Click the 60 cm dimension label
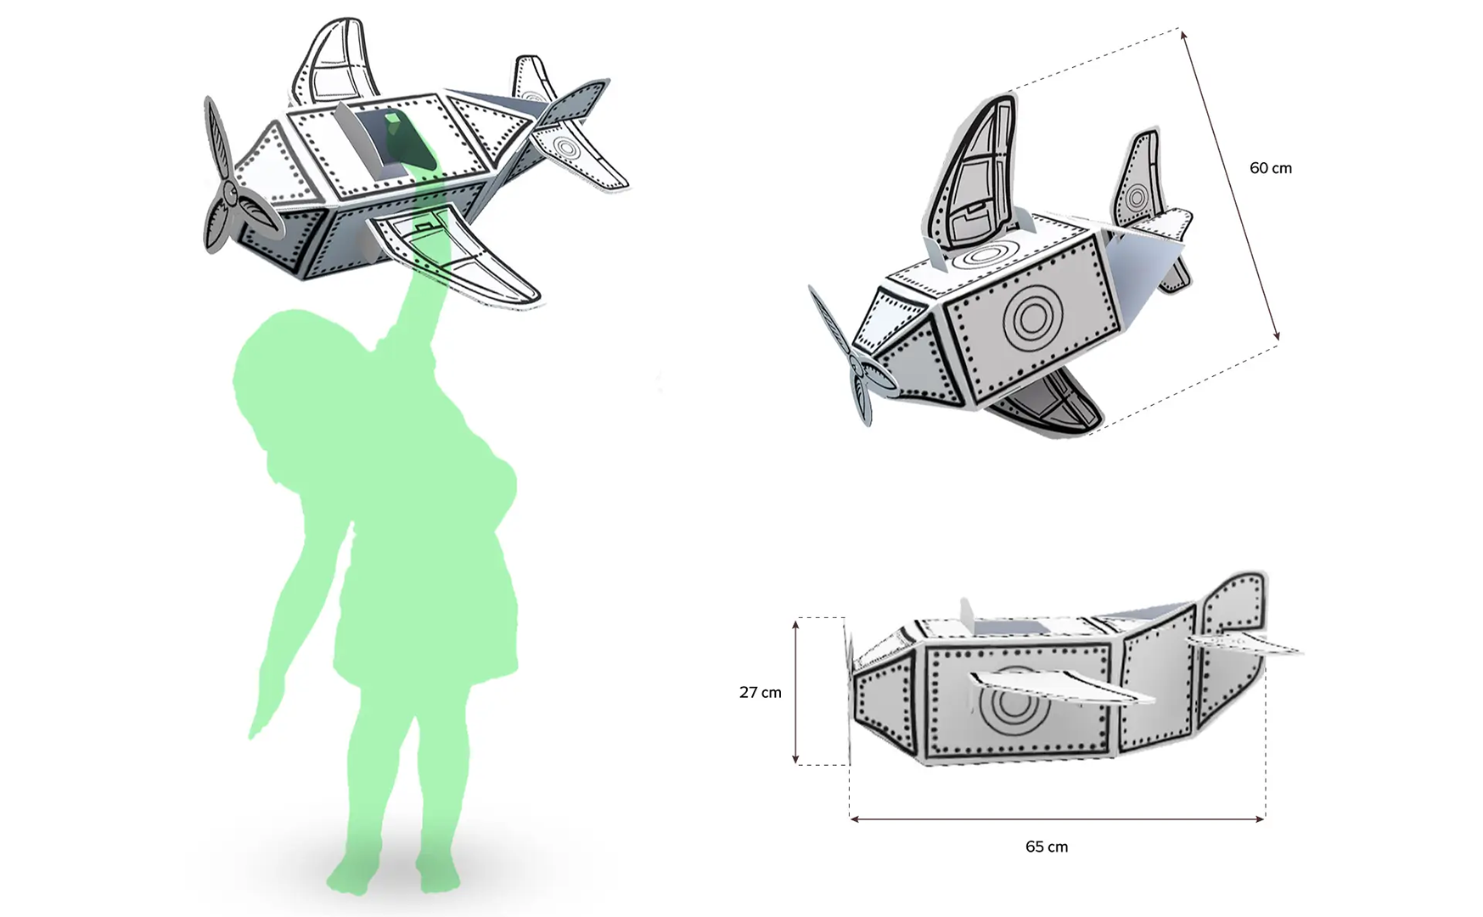point(1270,168)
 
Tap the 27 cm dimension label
point(760,692)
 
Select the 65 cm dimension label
point(1047,847)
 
